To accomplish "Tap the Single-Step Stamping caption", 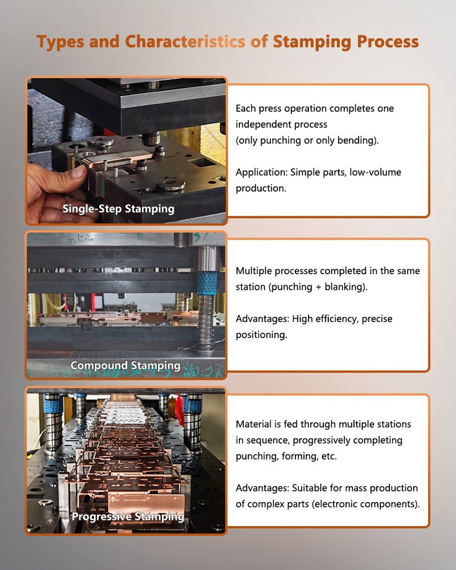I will click(118, 208).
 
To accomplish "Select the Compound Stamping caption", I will click(125, 365).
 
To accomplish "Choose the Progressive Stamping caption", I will click(127, 516).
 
